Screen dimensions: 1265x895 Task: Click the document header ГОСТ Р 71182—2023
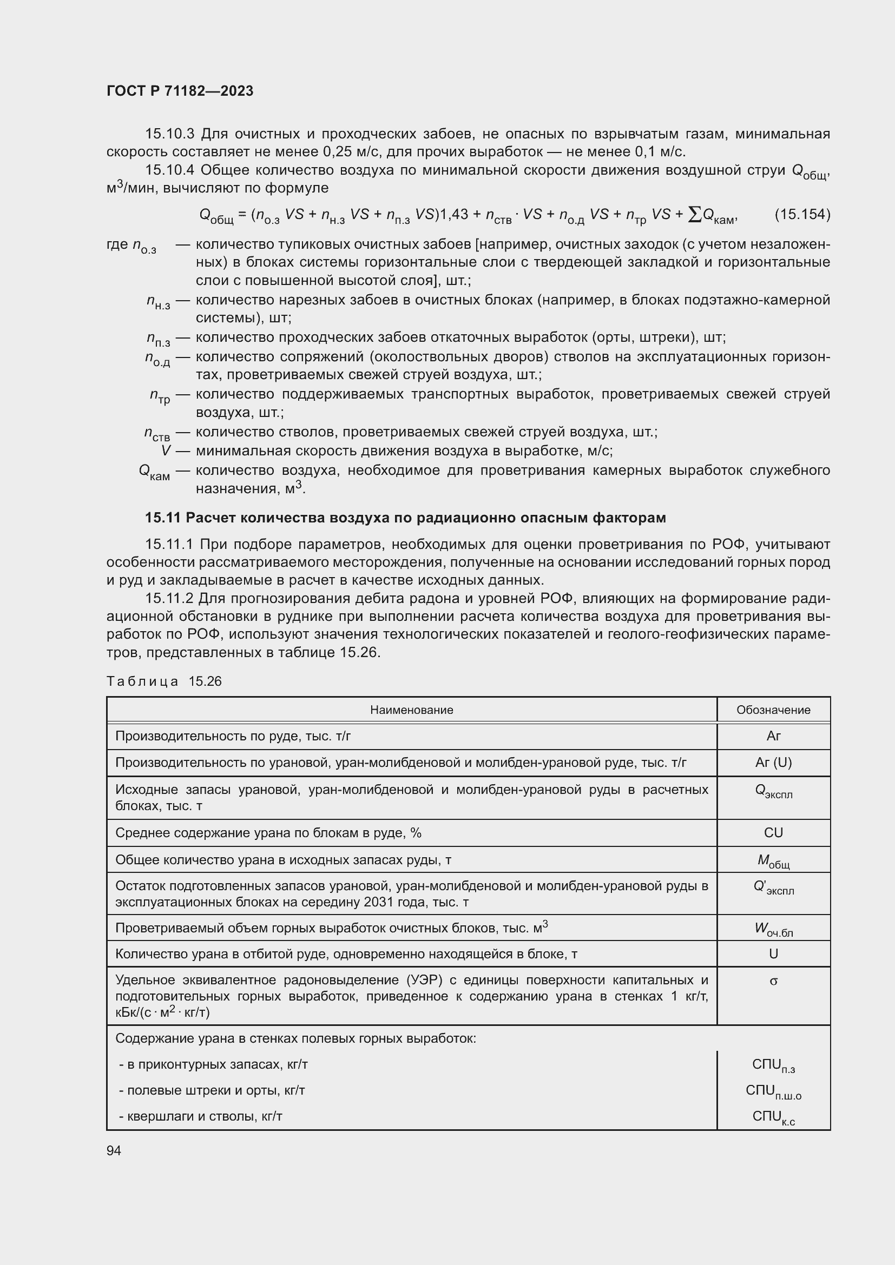click(180, 91)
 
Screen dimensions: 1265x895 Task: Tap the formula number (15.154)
click(802, 214)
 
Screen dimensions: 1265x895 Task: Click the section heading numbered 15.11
click(405, 518)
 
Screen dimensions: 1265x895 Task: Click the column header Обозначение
click(773, 710)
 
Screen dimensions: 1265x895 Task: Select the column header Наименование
click(411, 710)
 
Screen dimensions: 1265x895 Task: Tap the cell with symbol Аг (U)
click(773, 763)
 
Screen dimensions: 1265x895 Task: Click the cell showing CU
click(773, 832)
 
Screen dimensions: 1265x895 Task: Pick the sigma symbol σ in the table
click(773, 981)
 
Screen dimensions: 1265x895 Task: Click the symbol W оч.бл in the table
click(773, 930)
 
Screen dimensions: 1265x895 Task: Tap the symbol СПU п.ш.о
click(773, 1091)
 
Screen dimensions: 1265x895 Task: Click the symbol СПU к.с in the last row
click(773, 1117)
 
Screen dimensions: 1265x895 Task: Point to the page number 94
click(114, 1150)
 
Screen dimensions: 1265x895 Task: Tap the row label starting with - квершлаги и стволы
click(201, 1117)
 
